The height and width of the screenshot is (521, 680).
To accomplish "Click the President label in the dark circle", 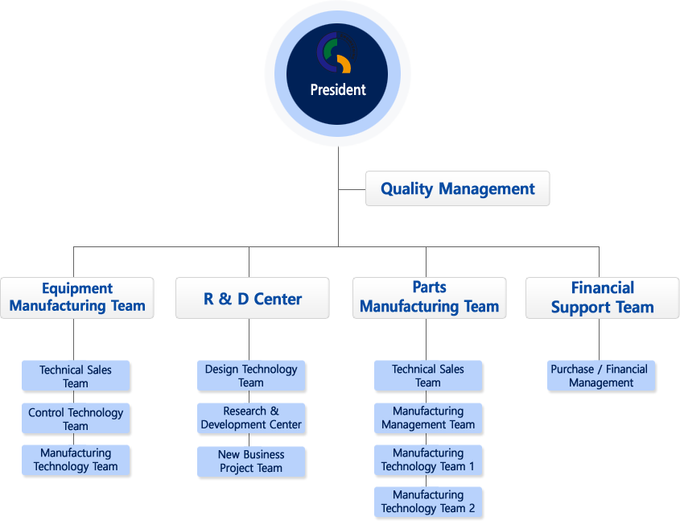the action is point(338,90).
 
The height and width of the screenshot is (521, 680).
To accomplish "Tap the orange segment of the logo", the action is point(344,64).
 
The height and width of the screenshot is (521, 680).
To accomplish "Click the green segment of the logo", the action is point(331,48).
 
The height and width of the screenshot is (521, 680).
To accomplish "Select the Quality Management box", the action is point(458,188).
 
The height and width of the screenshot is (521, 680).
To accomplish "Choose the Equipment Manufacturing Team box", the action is point(77,298).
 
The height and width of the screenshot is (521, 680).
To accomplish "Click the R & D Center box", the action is point(253,298).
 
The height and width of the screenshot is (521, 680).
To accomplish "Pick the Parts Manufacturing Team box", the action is point(430,298).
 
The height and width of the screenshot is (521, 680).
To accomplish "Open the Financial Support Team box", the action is point(603,298).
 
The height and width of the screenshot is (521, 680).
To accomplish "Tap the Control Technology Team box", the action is point(76,419).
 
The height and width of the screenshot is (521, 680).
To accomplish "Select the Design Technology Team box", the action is point(251,376).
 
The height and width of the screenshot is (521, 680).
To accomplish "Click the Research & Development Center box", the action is point(251,418).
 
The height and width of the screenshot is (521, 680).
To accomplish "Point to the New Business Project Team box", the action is point(251,461).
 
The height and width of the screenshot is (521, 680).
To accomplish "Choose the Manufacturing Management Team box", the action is point(428,418).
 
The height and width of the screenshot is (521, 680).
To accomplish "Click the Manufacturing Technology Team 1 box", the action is point(428,461).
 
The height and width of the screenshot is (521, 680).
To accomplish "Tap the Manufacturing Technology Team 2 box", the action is point(428,502).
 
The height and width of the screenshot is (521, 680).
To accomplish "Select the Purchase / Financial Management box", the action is point(601,376).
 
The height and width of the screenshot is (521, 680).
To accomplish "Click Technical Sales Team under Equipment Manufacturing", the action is point(76,376).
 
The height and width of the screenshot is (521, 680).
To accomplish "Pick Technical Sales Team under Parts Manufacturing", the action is point(428,376).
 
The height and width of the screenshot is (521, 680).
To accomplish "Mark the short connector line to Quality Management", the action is point(352,189).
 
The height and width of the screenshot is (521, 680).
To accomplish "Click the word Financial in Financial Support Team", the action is point(603,287).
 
